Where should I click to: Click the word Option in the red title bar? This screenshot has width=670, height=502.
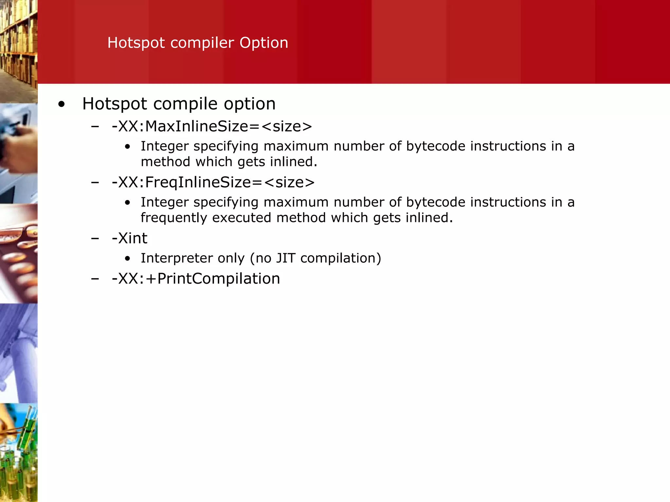coord(264,43)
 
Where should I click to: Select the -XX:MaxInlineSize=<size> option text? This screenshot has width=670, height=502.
coord(212,126)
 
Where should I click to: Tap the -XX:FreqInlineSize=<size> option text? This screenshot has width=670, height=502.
coord(213,182)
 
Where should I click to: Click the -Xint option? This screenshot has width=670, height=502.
coord(130,238)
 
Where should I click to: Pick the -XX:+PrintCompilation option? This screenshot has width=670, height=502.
coord(196,279)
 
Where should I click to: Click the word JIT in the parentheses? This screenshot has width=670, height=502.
coord(286,258)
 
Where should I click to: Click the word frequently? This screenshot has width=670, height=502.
coord(174,218)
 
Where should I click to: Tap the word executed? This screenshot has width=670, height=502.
coord(241,218)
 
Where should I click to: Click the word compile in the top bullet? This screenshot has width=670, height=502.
coord(185,104)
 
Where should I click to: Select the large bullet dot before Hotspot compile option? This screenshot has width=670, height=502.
coord(61,105)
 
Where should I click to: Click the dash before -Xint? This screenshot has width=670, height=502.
coord(95,239)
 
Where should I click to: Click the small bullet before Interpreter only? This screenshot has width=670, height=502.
coord(128,259)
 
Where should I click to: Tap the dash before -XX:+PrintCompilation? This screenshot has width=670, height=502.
coord(95,279)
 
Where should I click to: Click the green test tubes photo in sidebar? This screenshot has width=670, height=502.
coord(19,453)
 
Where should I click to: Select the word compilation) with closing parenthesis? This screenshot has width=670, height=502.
coord(341,258)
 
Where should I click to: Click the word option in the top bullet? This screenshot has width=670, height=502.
coord(250,104)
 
